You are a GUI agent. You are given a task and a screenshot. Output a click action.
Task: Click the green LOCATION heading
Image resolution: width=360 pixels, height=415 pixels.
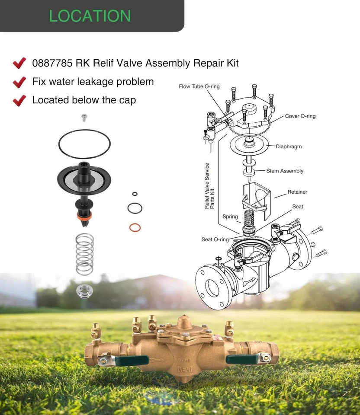click(x=90, y=16)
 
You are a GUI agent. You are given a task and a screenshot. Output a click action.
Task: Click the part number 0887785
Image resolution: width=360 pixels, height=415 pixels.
click(x=52, y=63)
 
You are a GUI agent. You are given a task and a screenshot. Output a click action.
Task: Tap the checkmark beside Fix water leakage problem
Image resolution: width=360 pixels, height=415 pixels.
click(x=19, y=82)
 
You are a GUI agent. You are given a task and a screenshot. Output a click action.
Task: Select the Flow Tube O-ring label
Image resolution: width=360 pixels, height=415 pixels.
click(x=199, y=86)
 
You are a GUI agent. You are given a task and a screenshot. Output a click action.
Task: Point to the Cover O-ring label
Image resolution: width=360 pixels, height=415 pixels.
click(x=300, y=116)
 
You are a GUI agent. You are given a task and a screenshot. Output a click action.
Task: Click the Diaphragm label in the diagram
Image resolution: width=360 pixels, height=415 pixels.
click(x=289, y=147)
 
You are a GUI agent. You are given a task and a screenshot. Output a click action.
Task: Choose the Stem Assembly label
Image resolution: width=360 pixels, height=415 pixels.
click(x=285, y=171)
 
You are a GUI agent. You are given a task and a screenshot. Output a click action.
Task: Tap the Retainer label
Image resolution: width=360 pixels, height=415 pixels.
click(x=297, y=192)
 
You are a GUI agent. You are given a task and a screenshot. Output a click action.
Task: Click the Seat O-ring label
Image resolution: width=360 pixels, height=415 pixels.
click(x=215, y=239)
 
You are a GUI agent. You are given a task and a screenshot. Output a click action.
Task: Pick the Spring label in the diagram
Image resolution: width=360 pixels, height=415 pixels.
click(x=230, y=217)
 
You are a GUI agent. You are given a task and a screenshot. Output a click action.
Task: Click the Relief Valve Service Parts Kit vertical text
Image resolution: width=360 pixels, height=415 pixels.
click(x=209, y=186)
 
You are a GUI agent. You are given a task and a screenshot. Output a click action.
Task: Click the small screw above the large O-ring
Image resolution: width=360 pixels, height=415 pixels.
click(x=84, y=117)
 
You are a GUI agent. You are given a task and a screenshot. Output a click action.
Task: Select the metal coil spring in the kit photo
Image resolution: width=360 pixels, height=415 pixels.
click(x=84, y=254)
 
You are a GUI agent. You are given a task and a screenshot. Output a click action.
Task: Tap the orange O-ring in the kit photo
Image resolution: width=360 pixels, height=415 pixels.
click(x=135, y=227)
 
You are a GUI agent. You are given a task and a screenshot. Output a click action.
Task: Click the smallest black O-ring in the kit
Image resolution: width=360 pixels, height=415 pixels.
click(x=135, y=194)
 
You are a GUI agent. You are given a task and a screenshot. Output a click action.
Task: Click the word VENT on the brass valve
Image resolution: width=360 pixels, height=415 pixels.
click(x=186, y=370)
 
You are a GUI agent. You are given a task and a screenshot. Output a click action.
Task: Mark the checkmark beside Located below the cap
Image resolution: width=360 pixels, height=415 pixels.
click(x=19, y=100)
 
